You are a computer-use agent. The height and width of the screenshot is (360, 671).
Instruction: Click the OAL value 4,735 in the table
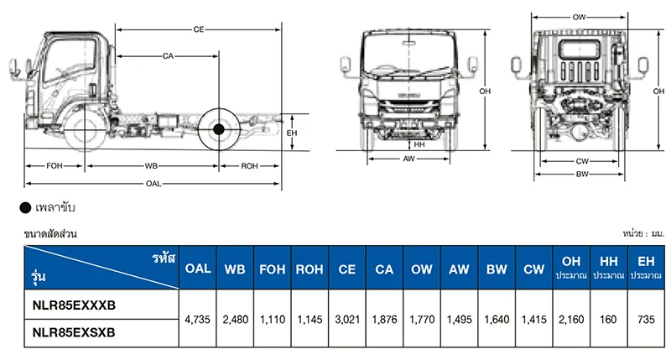[198, 320]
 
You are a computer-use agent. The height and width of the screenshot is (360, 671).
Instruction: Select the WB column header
[235, 270]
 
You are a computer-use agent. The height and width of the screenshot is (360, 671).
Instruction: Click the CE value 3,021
[346, 320]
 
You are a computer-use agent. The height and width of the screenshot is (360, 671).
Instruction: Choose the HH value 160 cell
[608, 320]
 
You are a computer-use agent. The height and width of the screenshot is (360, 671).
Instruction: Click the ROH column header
[309, 270]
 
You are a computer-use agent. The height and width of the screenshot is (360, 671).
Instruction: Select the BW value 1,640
[496, 320]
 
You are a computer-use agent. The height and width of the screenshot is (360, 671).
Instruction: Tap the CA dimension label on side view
[168, 56]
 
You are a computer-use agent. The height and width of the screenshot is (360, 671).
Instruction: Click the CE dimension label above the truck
[199, 29]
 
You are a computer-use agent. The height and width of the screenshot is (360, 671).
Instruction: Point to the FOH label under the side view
[55, 165]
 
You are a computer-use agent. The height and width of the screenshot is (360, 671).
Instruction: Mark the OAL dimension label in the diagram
[153, 183]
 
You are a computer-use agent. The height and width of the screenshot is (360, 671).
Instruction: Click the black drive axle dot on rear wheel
[219, 129]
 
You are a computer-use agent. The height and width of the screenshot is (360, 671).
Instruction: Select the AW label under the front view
[408, 159]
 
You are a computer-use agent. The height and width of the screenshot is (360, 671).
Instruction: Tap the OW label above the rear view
[579, 17]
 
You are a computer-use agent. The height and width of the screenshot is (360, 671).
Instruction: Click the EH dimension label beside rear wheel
[293, 133]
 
